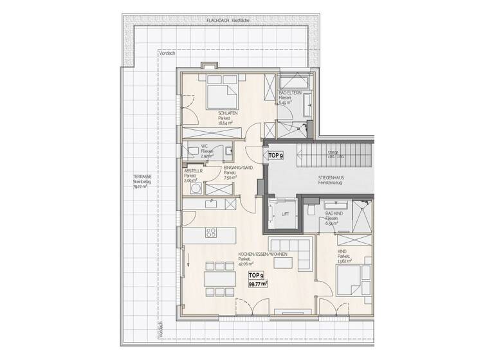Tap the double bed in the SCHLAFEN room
[221, 95]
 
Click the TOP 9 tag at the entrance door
[276, 156]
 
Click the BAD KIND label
[334, 213]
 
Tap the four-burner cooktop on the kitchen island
[212, 231]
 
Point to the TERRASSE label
[142, 176]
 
